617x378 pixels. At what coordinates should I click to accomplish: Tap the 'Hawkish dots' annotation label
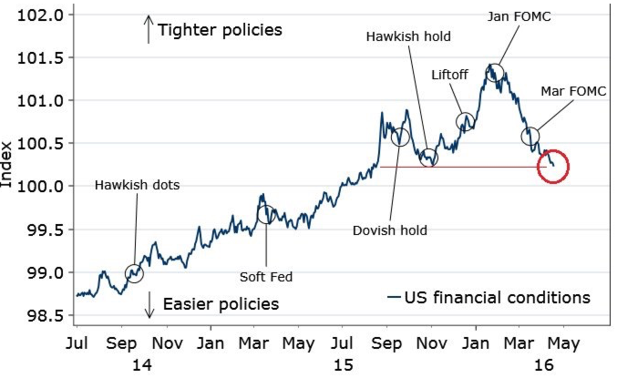point(138,185)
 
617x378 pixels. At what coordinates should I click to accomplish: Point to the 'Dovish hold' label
point(389,230)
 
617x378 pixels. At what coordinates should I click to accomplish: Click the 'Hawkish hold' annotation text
point(408,37)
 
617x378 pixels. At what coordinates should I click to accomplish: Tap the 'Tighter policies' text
point(220,30)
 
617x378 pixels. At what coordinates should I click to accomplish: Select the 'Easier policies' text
point(220,303)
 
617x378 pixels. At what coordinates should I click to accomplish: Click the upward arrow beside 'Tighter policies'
point(148,29)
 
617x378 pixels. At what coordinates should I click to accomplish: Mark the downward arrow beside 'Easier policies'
point(148,305)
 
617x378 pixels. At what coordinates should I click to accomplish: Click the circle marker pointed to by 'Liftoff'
point(465,121)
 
